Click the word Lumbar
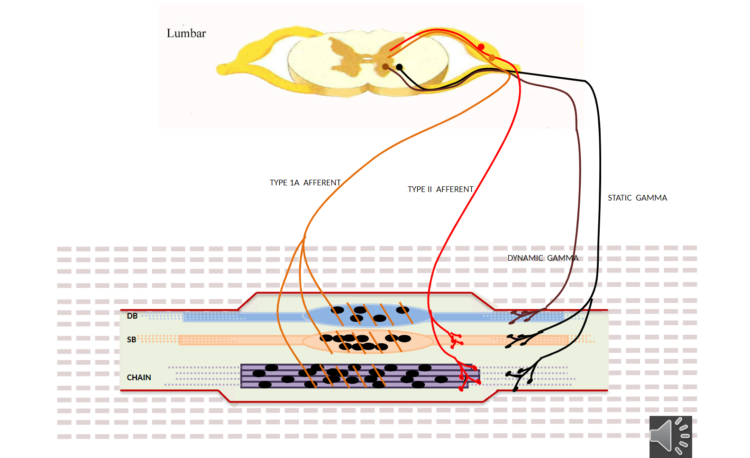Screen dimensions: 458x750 (186, 33)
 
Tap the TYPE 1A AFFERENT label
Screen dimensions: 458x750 (305, 183)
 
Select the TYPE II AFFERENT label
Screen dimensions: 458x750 (440, 189)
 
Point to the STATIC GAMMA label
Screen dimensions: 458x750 (637, 198)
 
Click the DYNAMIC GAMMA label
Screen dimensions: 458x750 (543, 258)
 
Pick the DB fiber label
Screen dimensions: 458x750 (132, 316)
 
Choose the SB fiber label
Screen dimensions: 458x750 (131, 339)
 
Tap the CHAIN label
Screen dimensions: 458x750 (139, 377)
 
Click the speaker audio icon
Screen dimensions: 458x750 (670, 436)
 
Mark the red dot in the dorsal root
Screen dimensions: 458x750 (481, 47)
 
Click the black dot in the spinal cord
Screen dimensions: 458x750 (400, 67)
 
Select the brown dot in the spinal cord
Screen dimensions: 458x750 (385, 67)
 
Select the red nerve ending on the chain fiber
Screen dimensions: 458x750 (467, 377)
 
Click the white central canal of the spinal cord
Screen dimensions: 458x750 (367, 59)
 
